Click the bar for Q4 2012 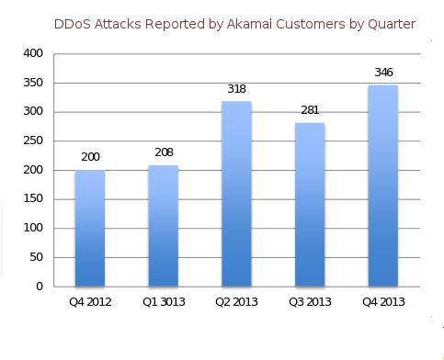pyautogui.click(x=90, y=229)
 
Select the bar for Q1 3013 pyautogui.click(x=164, y=226)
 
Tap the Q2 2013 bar pyautogui.click(x=236, y=194)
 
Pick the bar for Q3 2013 pyautogui.click(x=310, y=205)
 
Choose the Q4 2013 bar pyautogui.click(x=383, y=186)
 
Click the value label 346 pyautogui.click(x=383, y=73)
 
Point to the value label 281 pyautogui.click(x=310, y=110)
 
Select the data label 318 pyautogui.click(x=236, y=89)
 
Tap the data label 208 pyautogui.click(x=164, y=152)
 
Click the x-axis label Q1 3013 pyautogui.click(x=164, y=302)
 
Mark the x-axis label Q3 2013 pyautogui.click(x=310, y=302)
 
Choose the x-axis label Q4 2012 pyautogui.click(x=90, y=302)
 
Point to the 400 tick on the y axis pyautogui.click(x=33, y=53)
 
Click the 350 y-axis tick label pyautogui.click(x=33, y=83)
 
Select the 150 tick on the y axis pyautogui.click(x=33, y=198)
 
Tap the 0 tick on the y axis pyautogui.click(x=40, y=287)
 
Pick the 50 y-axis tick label pyautogui.click(x=37, y=257)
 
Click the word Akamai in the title pyautogui.click(x=249, y=24)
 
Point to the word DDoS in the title pyautogui.click(x=73, y=24)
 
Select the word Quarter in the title pyautogui.click(x=392, y=24)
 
